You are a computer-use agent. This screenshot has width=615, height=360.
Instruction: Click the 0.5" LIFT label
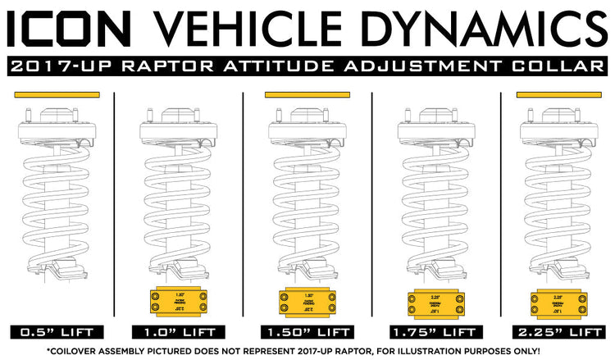(57, 332)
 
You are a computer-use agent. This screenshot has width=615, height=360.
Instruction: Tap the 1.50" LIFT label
(307, 332)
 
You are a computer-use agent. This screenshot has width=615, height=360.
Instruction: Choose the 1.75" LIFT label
(435, 332)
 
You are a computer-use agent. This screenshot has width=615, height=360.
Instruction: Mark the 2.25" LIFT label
(562, 332)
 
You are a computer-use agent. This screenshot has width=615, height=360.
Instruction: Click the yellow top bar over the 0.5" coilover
(57, 95)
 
